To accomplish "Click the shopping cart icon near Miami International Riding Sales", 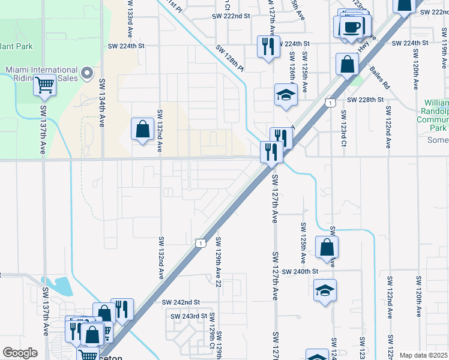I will [x=44, y=86].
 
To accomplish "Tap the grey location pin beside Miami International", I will [x=87, y=73].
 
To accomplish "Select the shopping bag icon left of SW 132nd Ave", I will [x=142, y=128].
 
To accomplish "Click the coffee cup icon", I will [x=353, y=27].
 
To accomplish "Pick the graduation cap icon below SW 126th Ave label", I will [x=286, y=94].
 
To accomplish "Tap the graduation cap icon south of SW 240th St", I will [x=325, y=290].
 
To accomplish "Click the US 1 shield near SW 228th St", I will [x=329, y=103].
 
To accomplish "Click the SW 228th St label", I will [x=365, y=100].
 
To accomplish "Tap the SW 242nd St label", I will [x=180, y=302].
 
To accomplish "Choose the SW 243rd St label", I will [x=188, y=316].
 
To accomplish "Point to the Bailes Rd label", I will [x=380, y=78].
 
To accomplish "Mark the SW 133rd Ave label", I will [x=130, y=16].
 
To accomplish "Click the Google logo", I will [x=20, y=353].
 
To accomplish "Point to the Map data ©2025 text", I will [x=423, y=355].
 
